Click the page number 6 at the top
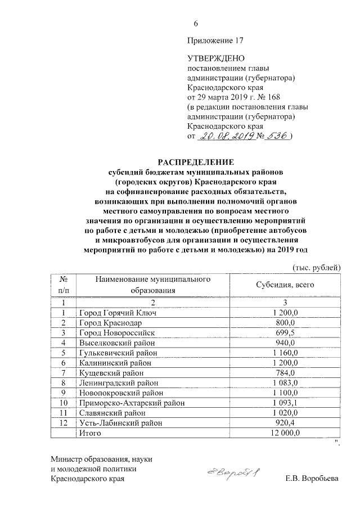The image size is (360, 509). [196, 24]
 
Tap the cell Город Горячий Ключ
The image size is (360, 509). [118, 313]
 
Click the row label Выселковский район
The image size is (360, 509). [115, 343]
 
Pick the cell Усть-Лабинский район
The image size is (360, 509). [118, 423]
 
